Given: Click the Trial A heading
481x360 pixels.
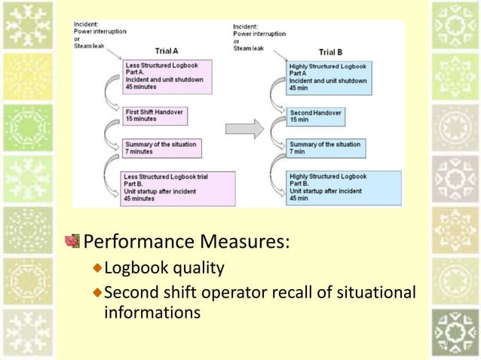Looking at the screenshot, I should pos(166,51).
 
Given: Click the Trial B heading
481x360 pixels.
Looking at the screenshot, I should pos(331,52).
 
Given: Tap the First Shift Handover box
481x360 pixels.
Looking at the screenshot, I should pos(155,115).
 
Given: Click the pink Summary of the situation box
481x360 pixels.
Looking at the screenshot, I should pos(160,148).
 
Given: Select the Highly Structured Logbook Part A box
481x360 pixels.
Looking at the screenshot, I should pos(330,77).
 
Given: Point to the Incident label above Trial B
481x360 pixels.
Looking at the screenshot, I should pos(247,27).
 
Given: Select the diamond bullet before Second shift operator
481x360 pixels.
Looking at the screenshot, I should pos(97,291).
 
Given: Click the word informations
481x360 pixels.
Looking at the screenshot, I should pos(152,312).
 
